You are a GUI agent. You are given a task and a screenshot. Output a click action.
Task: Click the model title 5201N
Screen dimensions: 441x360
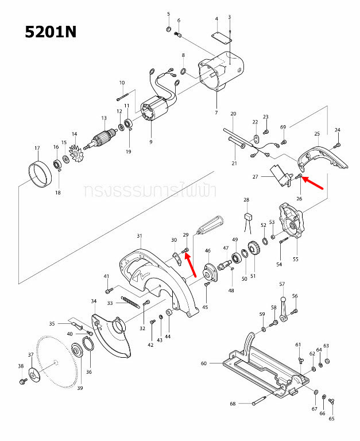click(51, 32)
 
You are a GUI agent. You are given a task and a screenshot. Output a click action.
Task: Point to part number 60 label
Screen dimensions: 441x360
click(203, 363)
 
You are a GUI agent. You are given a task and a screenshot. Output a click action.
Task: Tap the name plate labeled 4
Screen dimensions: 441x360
click(220, 36)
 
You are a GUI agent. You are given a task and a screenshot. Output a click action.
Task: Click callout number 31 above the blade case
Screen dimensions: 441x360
click(139, 236)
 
